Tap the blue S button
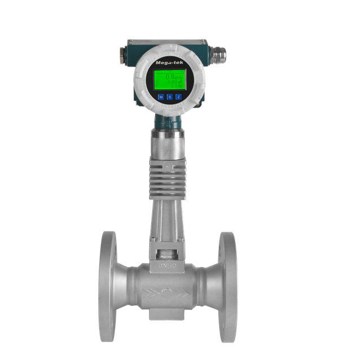(170, 97)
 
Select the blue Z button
(178, 97)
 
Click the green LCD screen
(169, 80)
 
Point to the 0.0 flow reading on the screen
(171, 75)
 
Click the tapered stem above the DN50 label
(168, 225)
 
